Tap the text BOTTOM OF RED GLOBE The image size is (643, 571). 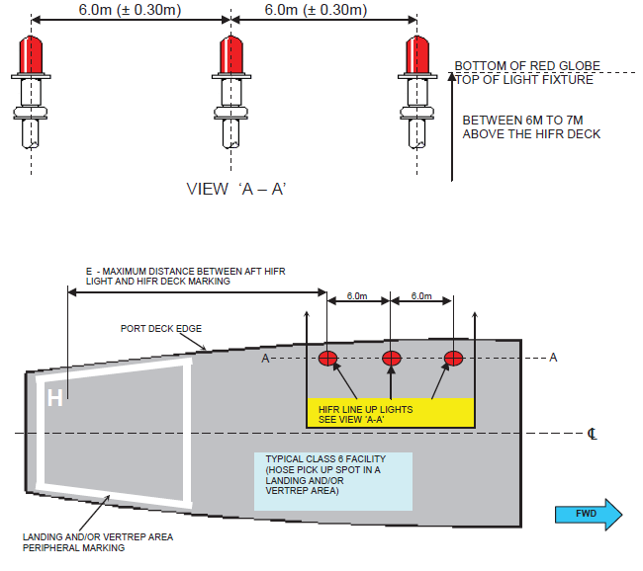(527, 66)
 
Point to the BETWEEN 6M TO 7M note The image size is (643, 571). (532, 126)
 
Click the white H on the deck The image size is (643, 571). (55, 397)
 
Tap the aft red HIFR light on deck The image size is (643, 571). (328, 358)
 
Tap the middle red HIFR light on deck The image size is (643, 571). (391, 358)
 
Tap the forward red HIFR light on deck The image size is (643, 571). (454, 358)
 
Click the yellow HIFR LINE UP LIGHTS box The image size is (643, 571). (391, 413)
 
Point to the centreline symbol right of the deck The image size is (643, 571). (592, 433)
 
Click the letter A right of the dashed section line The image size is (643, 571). (553, 357)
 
